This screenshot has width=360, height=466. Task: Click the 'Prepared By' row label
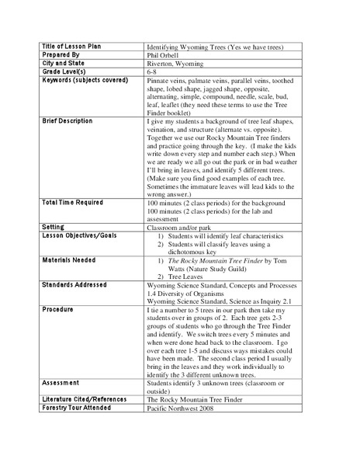click(x=59, y=57)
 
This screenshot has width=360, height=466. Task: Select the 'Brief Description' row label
click(x=65, y=121)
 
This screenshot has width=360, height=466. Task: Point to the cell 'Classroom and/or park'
click(x=180, y=228)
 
